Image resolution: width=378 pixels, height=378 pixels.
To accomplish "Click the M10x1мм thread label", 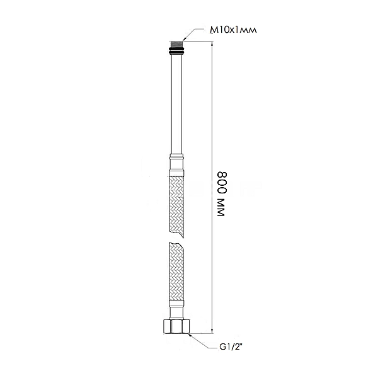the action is click(x=233, y=30).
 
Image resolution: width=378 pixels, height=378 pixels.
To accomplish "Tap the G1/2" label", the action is click(x=231, y=347).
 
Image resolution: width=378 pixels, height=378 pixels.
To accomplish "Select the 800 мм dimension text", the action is click(x=222, y=194).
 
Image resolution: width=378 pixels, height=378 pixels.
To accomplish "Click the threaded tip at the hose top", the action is click(x=176, y=45).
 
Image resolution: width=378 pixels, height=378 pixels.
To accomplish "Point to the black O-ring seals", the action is click(x=176, y=52).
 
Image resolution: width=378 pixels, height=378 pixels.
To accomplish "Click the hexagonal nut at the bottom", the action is click(x=176, y=326).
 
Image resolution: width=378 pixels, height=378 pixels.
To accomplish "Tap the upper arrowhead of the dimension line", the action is click(x=212, y=44).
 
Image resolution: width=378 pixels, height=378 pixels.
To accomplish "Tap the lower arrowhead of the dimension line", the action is click(x=212, y=331).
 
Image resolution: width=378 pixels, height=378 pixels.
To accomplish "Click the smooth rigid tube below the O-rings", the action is click(x=176, y=104).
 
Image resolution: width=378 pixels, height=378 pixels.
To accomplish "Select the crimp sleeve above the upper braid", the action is click(x=176, y=165).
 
